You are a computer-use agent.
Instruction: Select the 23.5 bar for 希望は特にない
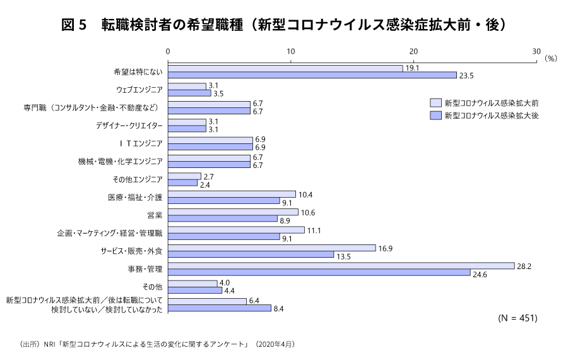(x=312, y=75)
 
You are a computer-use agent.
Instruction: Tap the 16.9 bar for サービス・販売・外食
(x=272, y=248)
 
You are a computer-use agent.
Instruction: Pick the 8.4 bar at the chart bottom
(x=220, y=308)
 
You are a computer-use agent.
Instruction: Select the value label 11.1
(x=314, y=230)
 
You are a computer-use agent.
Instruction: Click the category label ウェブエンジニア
(x=139, y=89)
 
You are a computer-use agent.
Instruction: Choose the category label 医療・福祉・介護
(x=135, y=197)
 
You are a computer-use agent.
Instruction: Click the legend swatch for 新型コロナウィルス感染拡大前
(x=435, y=102)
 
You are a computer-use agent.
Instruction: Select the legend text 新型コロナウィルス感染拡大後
(x=491, y=116)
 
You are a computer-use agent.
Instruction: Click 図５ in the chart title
(x=73, y=25)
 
